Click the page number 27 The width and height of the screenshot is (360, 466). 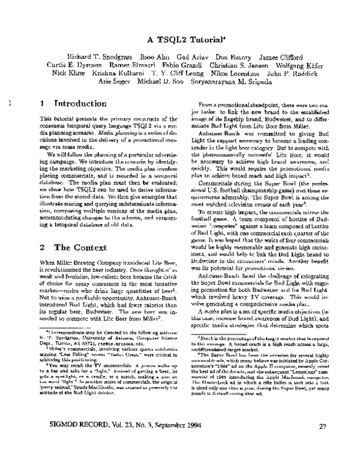(322, 444)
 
